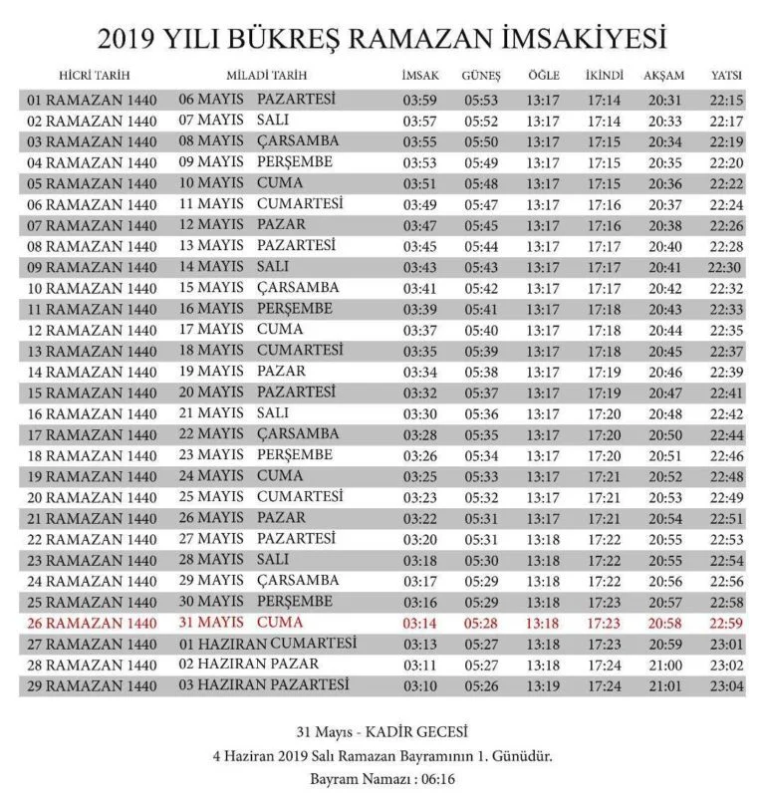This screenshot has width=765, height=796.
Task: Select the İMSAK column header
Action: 419,76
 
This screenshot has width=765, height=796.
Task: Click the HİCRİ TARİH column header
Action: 95,76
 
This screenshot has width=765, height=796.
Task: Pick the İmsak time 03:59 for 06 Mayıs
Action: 420,100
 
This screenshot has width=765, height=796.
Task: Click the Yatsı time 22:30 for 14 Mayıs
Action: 725,267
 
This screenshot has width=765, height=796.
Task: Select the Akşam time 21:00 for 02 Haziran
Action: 665,665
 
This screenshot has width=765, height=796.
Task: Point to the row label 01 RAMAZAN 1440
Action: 92,101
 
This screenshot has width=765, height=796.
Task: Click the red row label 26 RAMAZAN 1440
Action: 92,624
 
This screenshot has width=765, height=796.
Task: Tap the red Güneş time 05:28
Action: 481,623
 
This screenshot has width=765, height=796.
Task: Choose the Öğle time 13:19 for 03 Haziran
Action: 544,686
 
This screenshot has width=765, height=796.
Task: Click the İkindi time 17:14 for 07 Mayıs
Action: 604,121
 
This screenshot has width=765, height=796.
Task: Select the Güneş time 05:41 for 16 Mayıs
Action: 481,309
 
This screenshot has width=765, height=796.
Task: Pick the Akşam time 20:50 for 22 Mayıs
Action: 665,434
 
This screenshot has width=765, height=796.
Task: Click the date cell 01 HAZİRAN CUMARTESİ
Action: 266,644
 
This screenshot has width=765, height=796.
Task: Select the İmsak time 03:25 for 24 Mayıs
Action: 420,476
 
